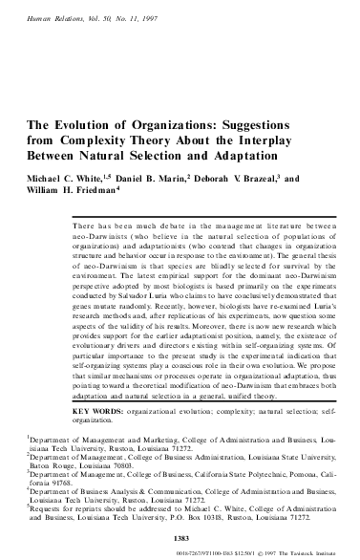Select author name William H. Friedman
(x=67, y=192)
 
